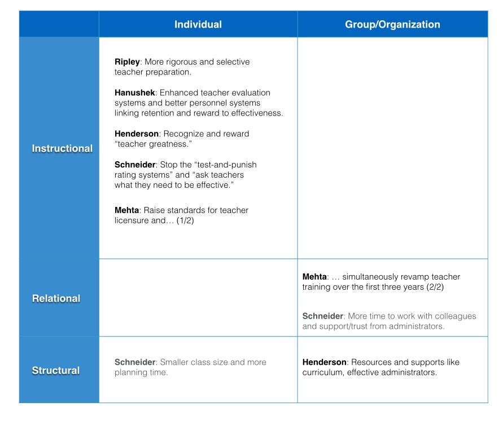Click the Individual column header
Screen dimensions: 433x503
tap(198, 25)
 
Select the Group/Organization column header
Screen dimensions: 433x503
tap(392, 25)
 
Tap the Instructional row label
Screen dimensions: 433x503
tap(62, 149)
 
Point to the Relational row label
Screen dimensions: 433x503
tap(56, 299)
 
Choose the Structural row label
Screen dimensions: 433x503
tap(56, 371)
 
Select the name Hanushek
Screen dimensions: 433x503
tap(134, 93)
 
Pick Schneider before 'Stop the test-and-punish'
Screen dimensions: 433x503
tap(134, 165)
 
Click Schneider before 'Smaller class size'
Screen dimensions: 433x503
tap(134, 363)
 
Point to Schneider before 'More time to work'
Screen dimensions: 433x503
tap(322, 316)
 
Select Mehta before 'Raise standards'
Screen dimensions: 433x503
tap(127, 210)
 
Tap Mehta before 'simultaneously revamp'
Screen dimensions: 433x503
tap(314, 277)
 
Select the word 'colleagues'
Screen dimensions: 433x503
tap(455, 316)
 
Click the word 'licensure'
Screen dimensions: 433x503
tap(131, 221)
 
